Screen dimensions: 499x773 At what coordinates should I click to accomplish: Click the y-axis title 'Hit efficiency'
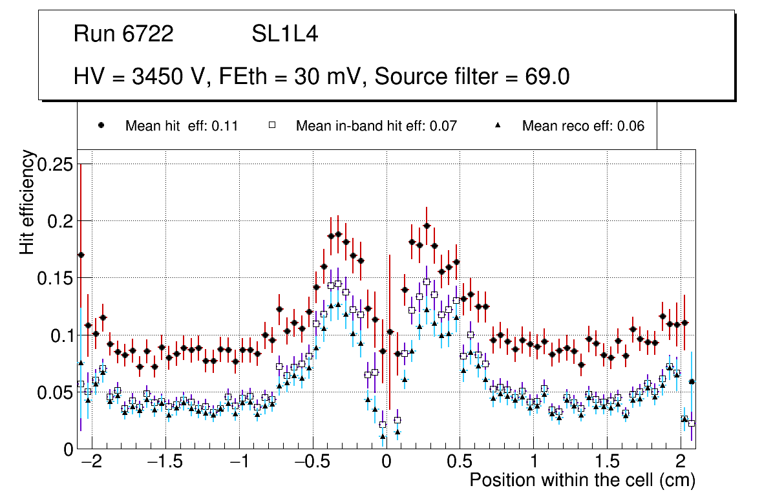click(27, 202)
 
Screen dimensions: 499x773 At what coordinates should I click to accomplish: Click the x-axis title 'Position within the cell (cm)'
click(582, 480)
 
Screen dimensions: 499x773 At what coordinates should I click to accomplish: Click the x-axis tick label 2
click(680, 463)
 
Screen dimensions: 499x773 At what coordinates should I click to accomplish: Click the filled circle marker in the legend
click(101, 125)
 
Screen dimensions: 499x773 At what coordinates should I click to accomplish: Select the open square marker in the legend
click(272, 125)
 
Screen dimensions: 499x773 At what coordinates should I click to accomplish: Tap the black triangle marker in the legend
click(498, 125)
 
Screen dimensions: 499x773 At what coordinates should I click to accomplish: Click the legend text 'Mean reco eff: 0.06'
click(583, 126)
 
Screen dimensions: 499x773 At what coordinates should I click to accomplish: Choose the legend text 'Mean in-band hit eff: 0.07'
click(376, 126)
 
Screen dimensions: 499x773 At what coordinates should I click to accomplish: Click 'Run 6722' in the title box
click(123, 34)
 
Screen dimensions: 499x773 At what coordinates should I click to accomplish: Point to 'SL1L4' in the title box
click(284, 34)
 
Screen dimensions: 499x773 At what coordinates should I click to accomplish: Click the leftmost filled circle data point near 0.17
click(81, 255)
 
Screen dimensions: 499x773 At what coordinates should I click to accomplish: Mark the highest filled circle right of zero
click(427, 226)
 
